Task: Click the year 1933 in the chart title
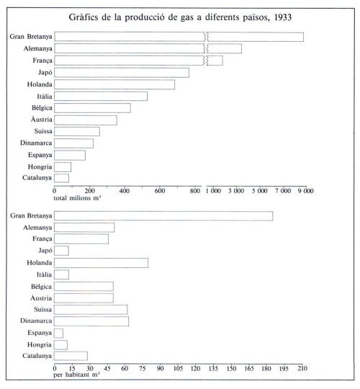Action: pyautogui.click(x=283, y=17)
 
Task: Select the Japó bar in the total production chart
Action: pyautogui.click(x=122, y=73)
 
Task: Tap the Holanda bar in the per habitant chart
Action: pyautogui.click(x=101, y=263)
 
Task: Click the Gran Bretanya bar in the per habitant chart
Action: pyautogui.click(x=163, y=216)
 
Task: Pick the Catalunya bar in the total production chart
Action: pyautogui.click(x=61, y=178)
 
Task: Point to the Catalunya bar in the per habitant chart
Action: pyautogui.click(x=71, y=356)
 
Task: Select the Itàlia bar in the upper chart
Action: pyautogui.click(x=101, y=97)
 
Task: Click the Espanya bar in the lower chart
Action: pyautogui.click(x=58, y=334)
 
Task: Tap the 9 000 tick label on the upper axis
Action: pyautogui.click(x=306, y=191)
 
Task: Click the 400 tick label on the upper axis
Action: pyautogui.click(x=125, y=191)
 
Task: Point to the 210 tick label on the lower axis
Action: pyautogui.click(x=302, y=368)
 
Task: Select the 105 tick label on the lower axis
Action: pyautogui.click(x=178, y=368)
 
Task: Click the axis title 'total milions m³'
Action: pyautogui.click(x=77, y=198)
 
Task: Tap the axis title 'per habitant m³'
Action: pyautogui.click(x=76, y=375)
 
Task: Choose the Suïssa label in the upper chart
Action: pyautogui.click(x=43, y=131)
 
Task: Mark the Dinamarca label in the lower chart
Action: pyautogui.click(x=36, y=321)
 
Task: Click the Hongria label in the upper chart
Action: pyautogui.click(x=40, y=167)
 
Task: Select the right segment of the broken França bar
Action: pyautogui.click(x=215, y=61)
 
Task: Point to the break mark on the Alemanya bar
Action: pyautogui.click(x=206, y=49)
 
